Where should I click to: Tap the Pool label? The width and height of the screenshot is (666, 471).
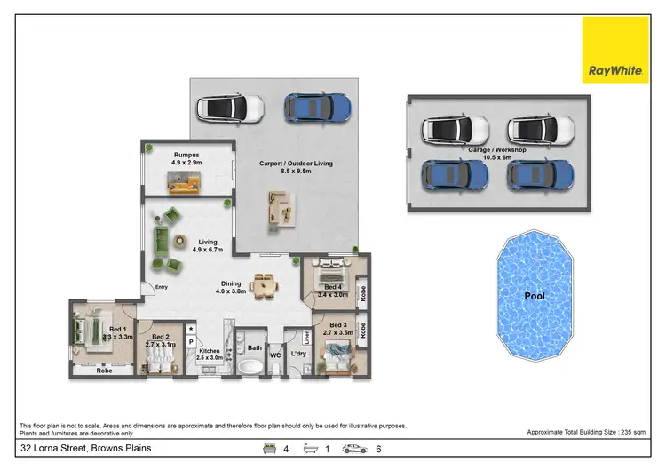click(533, 295)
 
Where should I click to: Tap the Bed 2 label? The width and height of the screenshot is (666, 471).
click(161, 340)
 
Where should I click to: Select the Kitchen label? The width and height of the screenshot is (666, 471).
click(209, 355)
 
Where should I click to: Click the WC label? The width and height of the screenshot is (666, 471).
click(275, 355)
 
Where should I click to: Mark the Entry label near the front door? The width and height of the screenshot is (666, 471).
click(162, 287)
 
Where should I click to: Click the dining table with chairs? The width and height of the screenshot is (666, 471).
click(263, 284)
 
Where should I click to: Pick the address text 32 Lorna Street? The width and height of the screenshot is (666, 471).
click(76, 449)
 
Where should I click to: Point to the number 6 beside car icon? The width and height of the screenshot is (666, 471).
click(379, 449)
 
